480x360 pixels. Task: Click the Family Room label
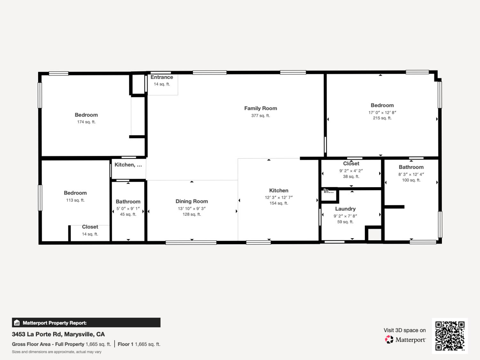pos(260,108)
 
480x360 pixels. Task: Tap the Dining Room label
pos(192,201)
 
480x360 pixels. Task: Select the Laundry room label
pos(345,209)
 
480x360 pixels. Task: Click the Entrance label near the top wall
pos(162,77)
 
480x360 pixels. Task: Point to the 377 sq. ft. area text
pos(260,116)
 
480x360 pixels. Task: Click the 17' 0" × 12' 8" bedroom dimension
pos(382,112)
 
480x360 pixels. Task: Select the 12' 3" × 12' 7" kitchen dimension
pos(278,197)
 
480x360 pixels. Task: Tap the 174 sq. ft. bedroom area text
pos(86,122)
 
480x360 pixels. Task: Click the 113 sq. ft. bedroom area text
pos(75,200)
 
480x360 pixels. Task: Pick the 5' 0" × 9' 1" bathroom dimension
pos(128,208)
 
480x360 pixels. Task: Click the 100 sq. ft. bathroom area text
pos(411,180)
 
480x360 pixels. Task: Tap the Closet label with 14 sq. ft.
pos(90,227)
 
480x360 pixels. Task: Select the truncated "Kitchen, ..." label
pos(128,165)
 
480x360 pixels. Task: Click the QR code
pos(450,336)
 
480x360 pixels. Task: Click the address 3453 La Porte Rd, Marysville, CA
pos(58,334)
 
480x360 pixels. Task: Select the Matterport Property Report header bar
pos(86,323)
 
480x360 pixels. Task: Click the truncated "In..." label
pos(329,191)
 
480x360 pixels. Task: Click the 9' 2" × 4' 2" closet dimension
pos(351,171)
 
